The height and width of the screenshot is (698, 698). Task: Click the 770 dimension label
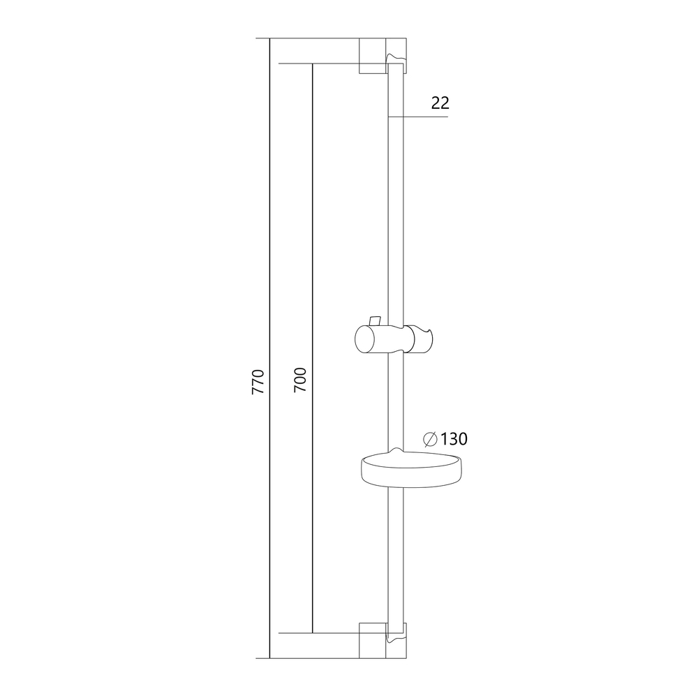coord(258,382)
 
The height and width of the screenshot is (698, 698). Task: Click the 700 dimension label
coord(301,380)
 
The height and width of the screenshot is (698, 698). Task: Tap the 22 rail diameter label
coord(440,103)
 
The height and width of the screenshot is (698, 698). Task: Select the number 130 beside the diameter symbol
coord(454,439)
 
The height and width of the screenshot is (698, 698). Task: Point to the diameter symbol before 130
coord(430,439)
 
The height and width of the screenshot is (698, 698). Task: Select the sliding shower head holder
coord(394,337)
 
